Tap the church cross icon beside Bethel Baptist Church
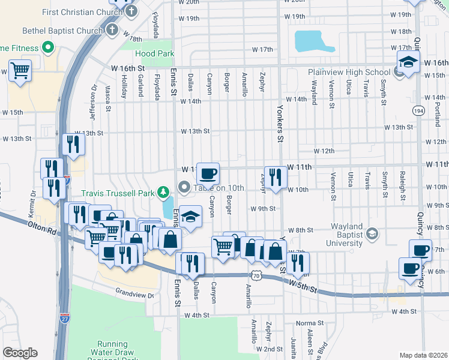tap(112, 30)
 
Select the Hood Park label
tap(154, 53)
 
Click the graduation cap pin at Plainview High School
tap(408, 62)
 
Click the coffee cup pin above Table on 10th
tap(208, 174)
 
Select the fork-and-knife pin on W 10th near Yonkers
tap(276, 177)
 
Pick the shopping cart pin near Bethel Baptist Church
tap(20, 71)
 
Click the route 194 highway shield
tap(418, 110)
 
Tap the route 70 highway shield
tap(256, 275)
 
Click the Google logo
tap(20, 352)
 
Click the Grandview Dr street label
tap(134, 294)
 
